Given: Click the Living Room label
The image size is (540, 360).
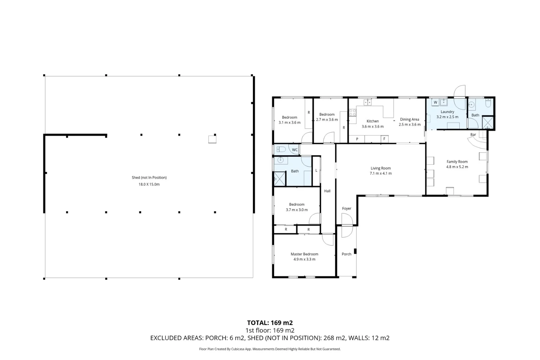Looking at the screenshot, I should click(x=380, y=168).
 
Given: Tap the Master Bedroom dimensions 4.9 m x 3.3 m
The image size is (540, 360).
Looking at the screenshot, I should click(x=304, y=259).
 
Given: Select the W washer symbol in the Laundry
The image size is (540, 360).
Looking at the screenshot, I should click(x=435, y=102).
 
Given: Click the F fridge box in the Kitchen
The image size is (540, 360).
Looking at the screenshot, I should click(x=384, y=139).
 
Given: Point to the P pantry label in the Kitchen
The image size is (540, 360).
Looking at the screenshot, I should click(x=357, y=139).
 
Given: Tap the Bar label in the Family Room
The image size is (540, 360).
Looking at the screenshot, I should click(x=473, y=135).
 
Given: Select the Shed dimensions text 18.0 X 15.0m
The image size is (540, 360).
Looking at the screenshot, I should click(x=149, y=184).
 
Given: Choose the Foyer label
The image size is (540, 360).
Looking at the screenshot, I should click(x=346, y=209).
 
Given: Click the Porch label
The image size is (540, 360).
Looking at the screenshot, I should click(x=346, y=254).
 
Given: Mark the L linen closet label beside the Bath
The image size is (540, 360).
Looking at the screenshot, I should click(x=316, y=171).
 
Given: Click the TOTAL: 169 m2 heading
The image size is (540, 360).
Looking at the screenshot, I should click(x=270, y=323).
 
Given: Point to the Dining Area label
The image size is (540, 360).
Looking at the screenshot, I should click(x=409, y=119).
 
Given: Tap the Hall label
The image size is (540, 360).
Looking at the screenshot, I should click(x=327, y=191).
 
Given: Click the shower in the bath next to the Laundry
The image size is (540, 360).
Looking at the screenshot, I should click(x=488, y=122).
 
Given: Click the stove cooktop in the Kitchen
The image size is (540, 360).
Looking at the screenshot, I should click(x=352, y=112).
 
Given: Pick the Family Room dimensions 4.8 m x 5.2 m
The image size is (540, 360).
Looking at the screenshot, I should click(x=457, y=167).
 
